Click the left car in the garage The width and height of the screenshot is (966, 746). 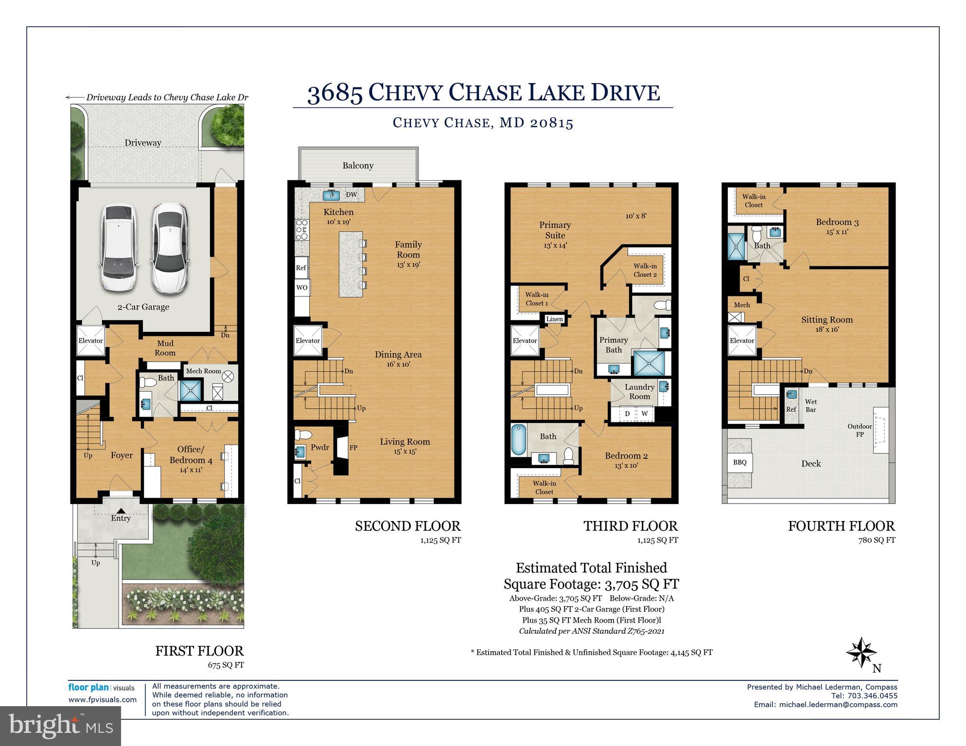(x=119, y=248)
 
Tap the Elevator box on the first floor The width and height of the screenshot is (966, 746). (x=91, y=341)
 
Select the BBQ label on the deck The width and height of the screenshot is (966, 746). (x=739, y=462)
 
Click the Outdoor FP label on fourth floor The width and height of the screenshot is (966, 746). (x=860, y=430)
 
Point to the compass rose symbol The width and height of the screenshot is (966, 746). (x=861, y=653)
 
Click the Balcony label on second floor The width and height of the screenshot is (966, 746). (x=358, y=166)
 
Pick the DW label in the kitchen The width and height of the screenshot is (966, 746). (x=351, y=195)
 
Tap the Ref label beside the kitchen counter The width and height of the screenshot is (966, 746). (x=301, y=268)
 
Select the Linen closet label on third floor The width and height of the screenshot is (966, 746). (x=554, y=319)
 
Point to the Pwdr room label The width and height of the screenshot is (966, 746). (x=320, y=448)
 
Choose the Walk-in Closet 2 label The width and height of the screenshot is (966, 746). (x=645, y=270)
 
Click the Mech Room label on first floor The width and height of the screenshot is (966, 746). (x=203, y=371)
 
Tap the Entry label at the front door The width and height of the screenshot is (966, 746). (x=121, y=518)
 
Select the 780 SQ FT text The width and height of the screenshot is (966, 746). (x=877, y=540)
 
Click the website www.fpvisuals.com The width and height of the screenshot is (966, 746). (x=103, y=700)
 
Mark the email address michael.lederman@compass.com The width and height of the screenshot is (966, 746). (x=838, y=705)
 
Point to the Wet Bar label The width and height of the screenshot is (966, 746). (x=810, y=405)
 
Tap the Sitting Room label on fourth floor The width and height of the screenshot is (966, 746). (x=827, y=320)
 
